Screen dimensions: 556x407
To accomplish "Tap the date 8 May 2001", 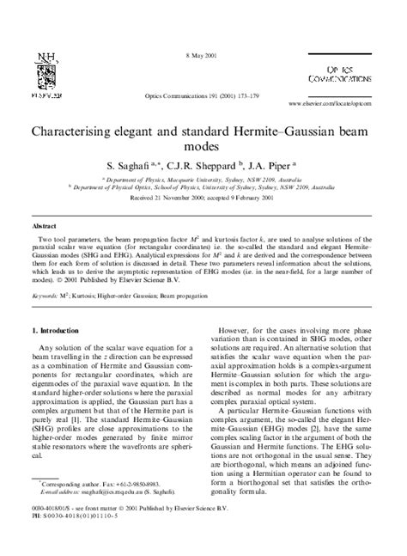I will click(203, 56).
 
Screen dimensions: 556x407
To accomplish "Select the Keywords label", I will click(47, 294).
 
